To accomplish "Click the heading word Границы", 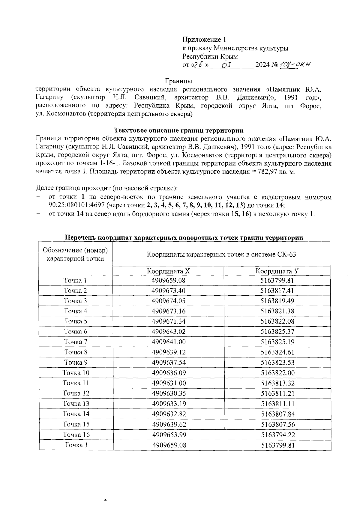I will coord(178,81).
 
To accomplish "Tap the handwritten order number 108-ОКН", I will coord(295,65).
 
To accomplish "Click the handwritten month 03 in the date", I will coord(228,65).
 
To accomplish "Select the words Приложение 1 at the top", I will coord(204,40).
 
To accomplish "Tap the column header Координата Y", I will coord(277,271).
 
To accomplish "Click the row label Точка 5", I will coord(76,321).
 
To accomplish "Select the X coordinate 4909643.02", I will coord(169,332).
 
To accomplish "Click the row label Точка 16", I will coord(76,435).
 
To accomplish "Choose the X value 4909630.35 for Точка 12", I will coord(169,393).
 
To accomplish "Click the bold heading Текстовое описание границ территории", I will coord(179,130).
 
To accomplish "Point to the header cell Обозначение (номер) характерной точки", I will coord(76,254).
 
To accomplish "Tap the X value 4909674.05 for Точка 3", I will coord(169,301).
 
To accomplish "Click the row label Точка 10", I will coord(76,373).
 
